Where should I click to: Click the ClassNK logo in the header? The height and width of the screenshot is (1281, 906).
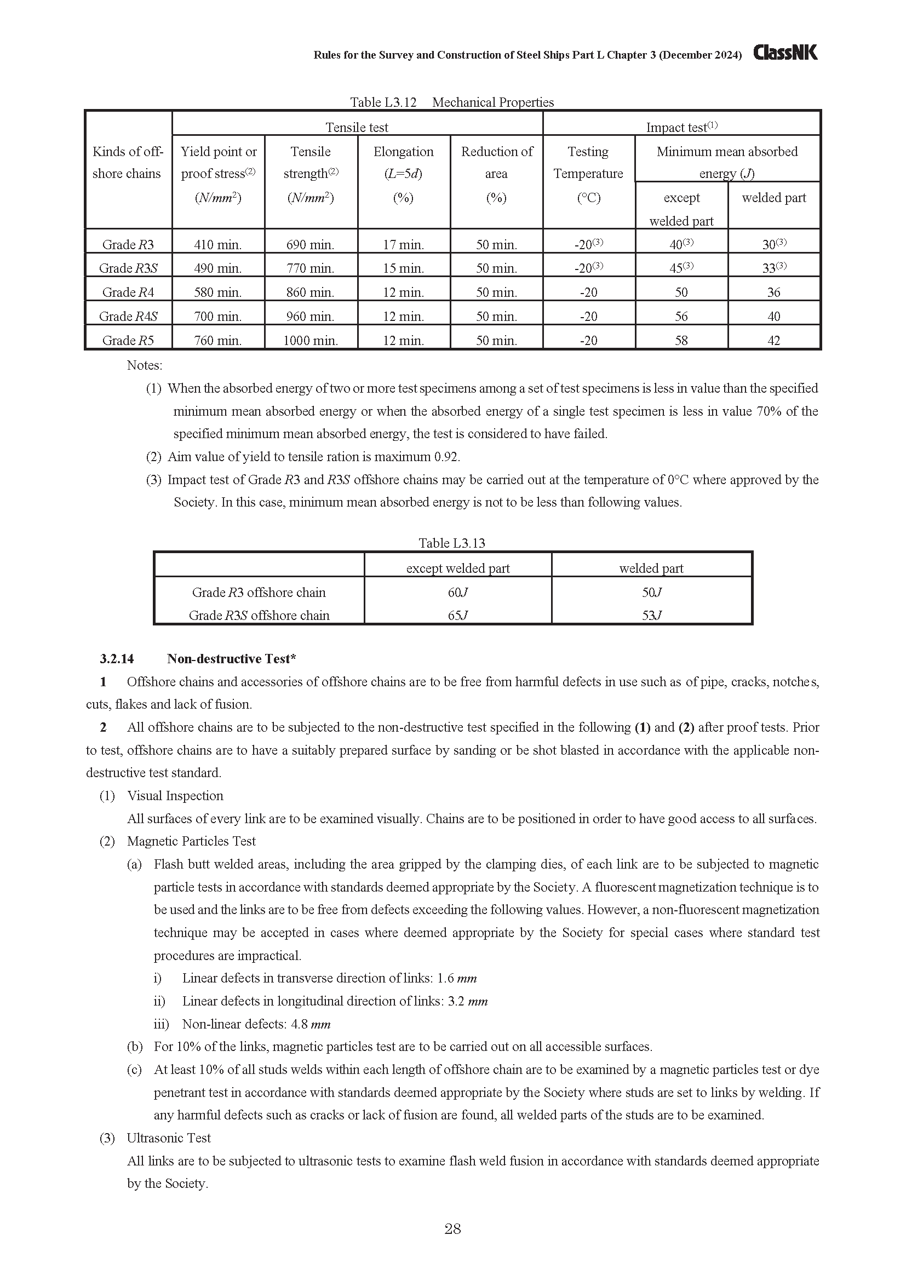coord(785,53)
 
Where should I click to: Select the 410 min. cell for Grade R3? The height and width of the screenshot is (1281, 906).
coord(217,244)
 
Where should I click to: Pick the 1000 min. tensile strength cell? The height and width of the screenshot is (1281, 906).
coord(310,340)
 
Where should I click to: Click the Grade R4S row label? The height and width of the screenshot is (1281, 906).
coord(128,317)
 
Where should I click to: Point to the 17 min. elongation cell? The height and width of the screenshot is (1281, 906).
coord(403,244)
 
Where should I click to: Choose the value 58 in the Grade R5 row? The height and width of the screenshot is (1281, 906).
coord(681,340)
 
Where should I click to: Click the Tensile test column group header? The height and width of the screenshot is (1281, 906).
coord(357,127)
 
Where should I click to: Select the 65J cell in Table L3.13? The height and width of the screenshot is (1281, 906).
coord(457,616)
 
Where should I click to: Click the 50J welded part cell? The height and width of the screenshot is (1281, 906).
coord(651,592)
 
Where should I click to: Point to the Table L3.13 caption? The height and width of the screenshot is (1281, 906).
coord(452,543)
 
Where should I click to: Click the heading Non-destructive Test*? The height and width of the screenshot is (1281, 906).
coord(232,659)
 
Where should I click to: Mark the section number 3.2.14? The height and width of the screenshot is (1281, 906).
coord(117,659)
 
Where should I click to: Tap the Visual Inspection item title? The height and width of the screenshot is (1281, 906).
coord(175,796)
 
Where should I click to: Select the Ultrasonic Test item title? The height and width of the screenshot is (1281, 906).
coord(169,1138)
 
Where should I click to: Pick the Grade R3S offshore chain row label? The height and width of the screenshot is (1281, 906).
coord(259,616)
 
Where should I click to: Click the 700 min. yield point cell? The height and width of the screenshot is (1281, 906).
coord(217,317)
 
